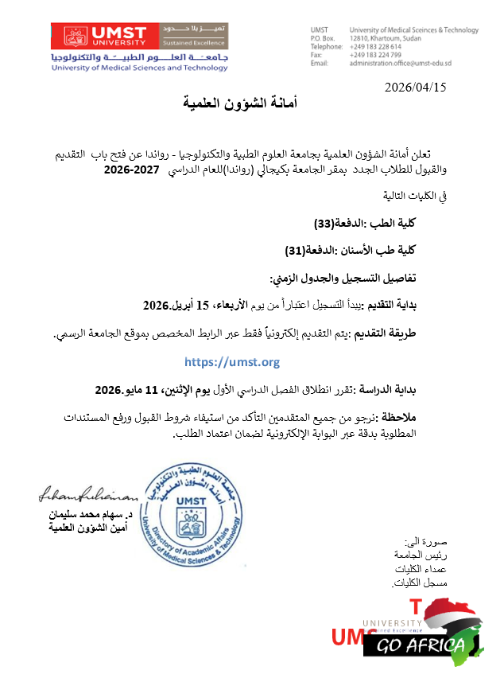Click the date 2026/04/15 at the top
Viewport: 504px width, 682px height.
pos(416,87)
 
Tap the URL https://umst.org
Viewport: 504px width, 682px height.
pos(231,362)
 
